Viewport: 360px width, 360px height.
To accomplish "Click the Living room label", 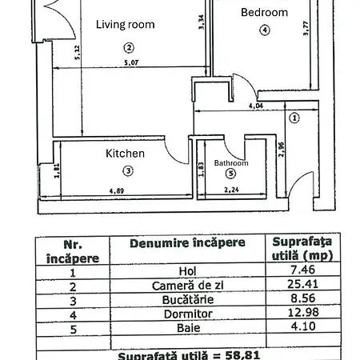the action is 126,25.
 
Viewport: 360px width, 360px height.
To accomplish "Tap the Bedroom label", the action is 264,13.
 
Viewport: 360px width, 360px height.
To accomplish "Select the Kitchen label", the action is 125,154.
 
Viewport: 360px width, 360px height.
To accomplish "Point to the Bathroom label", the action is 231,163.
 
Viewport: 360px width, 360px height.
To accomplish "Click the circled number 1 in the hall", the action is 294,118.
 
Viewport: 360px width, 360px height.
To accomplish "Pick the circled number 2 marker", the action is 129,48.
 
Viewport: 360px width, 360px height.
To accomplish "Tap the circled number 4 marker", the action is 265,30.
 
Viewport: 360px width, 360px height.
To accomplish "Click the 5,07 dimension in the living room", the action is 131,63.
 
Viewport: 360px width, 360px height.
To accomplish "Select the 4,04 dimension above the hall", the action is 256,106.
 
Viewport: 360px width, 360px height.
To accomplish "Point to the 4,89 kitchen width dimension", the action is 117,191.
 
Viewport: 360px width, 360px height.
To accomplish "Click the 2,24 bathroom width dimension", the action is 231,190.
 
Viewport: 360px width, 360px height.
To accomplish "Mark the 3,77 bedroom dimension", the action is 306,28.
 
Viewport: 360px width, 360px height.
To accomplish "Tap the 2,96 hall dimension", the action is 281,150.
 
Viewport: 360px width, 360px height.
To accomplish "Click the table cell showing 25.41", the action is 302,284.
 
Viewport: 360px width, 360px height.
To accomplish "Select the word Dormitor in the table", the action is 188,314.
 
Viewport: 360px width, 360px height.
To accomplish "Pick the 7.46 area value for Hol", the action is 302,270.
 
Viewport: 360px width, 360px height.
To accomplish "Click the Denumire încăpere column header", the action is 187,243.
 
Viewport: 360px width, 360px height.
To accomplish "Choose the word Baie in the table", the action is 188,328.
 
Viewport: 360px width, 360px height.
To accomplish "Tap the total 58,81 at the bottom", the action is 242,355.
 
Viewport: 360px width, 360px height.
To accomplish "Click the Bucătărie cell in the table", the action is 188,300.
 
